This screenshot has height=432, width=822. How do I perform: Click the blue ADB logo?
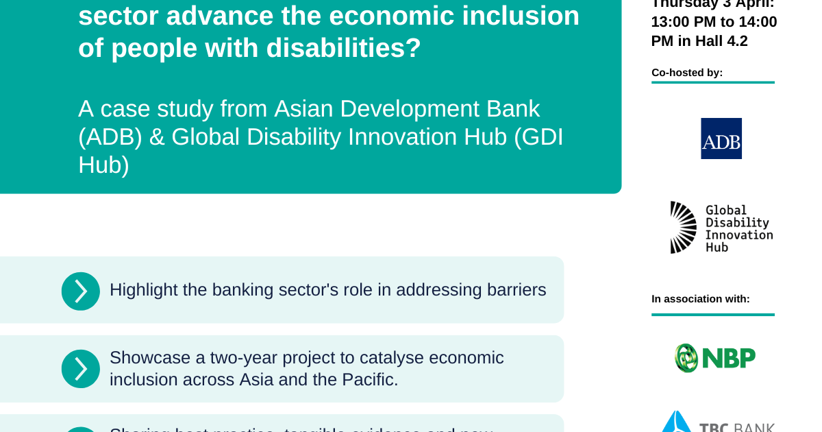tap(721, 139)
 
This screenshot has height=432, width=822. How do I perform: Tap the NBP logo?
tap(714, 358)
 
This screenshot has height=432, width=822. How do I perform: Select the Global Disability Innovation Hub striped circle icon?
tap(683, 228)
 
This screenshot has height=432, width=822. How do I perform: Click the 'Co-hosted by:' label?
tap(687, 73)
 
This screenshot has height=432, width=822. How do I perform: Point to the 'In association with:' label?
tap(700, 299)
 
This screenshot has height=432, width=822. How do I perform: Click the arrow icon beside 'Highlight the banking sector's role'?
tap(81, 291)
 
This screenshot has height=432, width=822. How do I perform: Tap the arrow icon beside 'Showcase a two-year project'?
tap(81, 369)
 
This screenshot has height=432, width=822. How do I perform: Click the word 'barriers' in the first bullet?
tap(517, 290)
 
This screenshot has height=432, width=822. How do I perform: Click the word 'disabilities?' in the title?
tap(343, 49)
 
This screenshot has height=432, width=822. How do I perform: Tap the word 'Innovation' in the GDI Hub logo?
tap(738, 235)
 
